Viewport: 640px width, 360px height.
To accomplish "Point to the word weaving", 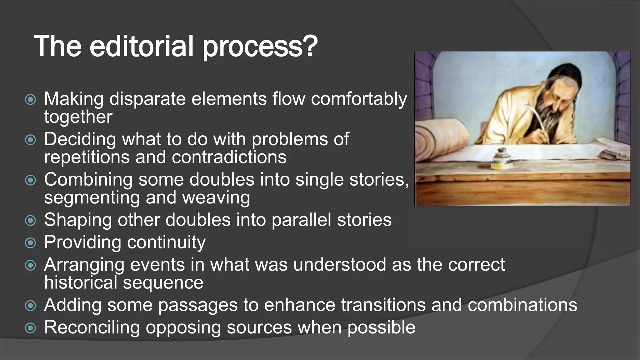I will click(216, 198).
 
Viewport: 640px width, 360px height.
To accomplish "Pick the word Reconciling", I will click(92, 327).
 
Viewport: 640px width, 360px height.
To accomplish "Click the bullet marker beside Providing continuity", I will click(30, 243).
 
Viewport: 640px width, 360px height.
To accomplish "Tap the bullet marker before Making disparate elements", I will click(30, 100).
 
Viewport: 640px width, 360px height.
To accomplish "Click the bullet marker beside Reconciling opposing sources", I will click(30, 328).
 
